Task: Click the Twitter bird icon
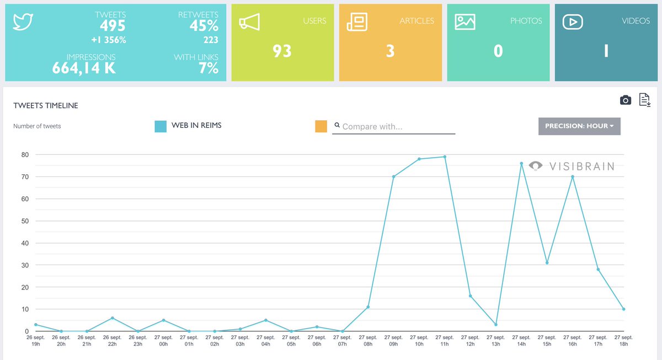tap(24, 22)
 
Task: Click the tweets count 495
tap(113, 26)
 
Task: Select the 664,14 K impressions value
tap(84, 68)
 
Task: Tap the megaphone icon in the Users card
tap(249, 22)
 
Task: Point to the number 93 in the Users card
tap(282, 51)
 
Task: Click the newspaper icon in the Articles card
tap(356, 22)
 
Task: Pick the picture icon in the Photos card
tap(465, 22)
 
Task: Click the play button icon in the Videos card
tap(573, 22)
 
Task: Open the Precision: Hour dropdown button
tap(579, 126)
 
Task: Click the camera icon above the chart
tap(625, 100)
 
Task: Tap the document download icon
tap(644, 100)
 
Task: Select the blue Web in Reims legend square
tap(161, 126)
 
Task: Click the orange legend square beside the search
tap(321, 126)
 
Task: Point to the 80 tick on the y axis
tap(25, 155)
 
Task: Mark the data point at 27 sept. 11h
tap(445, 157)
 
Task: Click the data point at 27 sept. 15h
tap(547, 262)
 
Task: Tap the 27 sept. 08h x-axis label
tap(368, 340)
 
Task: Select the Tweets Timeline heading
tap(45, 105)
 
